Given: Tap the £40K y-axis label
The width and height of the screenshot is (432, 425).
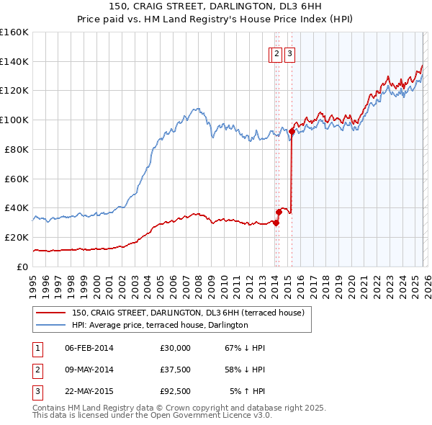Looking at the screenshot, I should [17, 207].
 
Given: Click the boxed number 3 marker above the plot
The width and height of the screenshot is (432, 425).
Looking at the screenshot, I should [289, 53].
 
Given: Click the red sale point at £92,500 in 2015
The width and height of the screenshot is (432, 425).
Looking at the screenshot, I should [292, 131].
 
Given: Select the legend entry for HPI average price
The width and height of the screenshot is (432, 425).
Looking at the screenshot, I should [159, 325].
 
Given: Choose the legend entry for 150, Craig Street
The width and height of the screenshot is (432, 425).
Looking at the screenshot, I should [188, 313].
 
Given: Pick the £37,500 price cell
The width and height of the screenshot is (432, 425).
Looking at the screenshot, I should [175, 370].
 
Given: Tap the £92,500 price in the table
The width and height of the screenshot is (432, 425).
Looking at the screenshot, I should [175, 391].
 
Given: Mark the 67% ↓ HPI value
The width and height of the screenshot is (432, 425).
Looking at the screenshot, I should [245, 348].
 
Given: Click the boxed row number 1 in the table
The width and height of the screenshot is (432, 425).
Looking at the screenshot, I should [37, 348].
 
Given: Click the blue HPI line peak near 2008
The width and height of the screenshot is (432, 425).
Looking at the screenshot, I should [195, 109].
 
